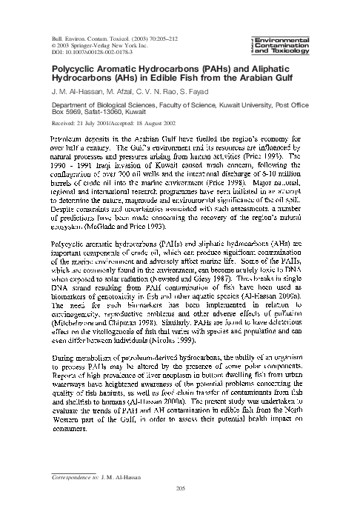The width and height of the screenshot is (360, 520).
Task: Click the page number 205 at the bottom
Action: pyautogui.click(x=179, y=487)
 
